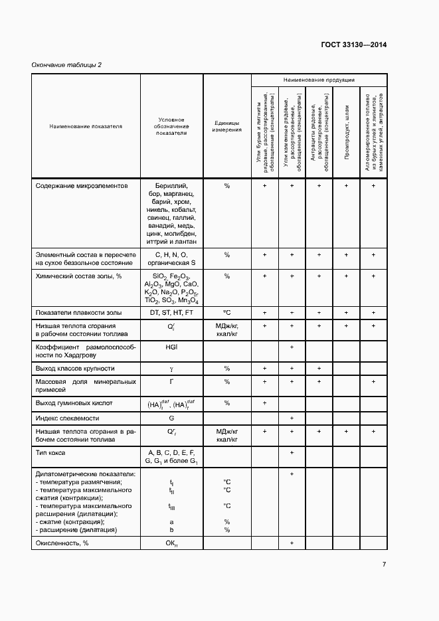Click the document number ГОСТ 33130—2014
tap(354, 45)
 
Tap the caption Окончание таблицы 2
tap(67, 64)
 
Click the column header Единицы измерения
tap(226, 126)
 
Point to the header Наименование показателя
tap(85, 126)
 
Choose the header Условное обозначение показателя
tap(171, 126)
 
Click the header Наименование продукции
tap(319, 80)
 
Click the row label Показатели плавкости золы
tap(78, 312)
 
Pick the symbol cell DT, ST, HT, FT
tap(171, 312)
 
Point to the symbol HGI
tap(171, 347)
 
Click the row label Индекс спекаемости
tap(67, 418)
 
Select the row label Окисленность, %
tap(62, 543)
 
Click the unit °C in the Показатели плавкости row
tap(226, 312)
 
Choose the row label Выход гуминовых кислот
tap(74, 402)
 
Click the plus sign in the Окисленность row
tap(292, 543)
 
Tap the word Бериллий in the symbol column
tap(171, 187)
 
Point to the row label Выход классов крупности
tap(75, 368)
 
